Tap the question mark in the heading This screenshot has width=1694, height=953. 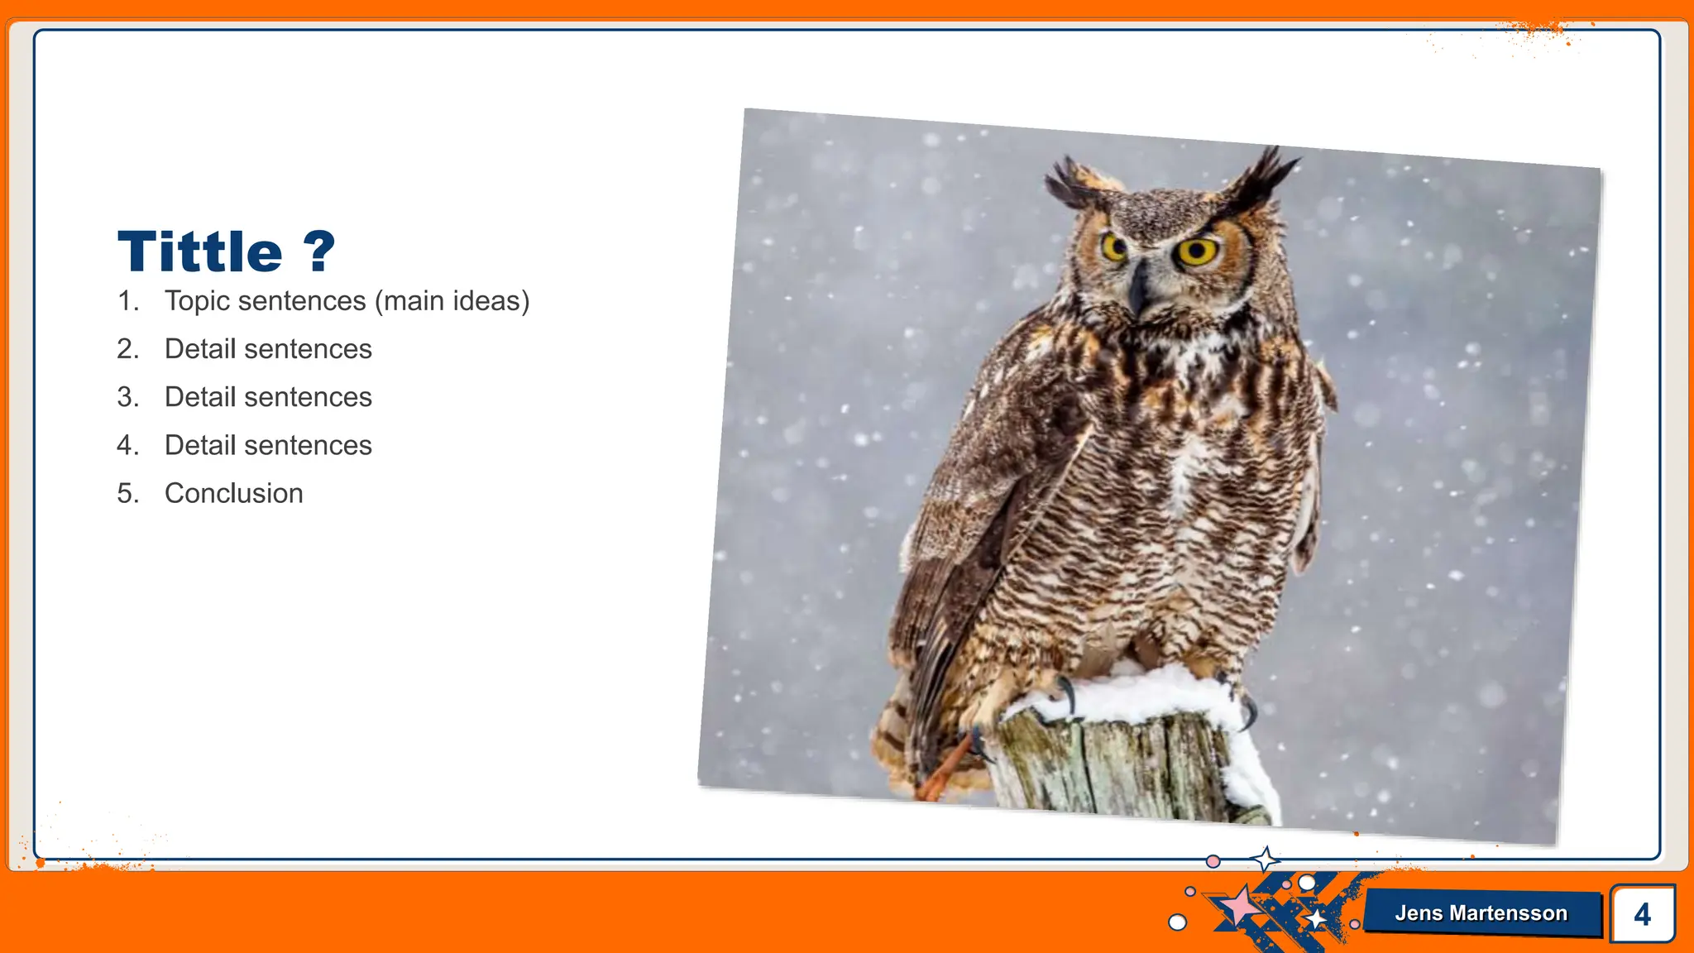[319, 251]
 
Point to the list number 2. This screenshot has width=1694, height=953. [127, 349]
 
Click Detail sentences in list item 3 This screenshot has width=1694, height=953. [268, 397]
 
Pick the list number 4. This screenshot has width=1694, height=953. [127, 445]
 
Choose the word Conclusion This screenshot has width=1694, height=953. [233, 493]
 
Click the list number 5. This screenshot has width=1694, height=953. [127, 493]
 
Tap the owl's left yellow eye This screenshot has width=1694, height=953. [1113, 247]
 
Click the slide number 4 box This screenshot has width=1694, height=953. [1642, 913]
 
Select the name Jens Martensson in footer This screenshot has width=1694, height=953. [1481, 913]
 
